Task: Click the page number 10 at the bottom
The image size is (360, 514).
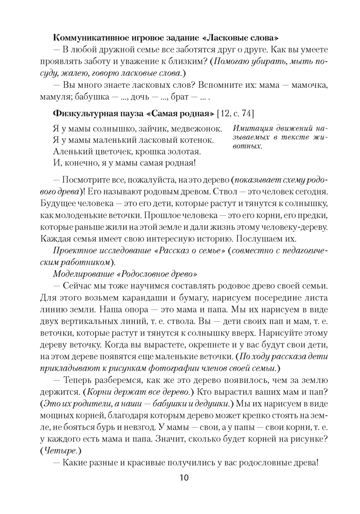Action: (x=185, y=478)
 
